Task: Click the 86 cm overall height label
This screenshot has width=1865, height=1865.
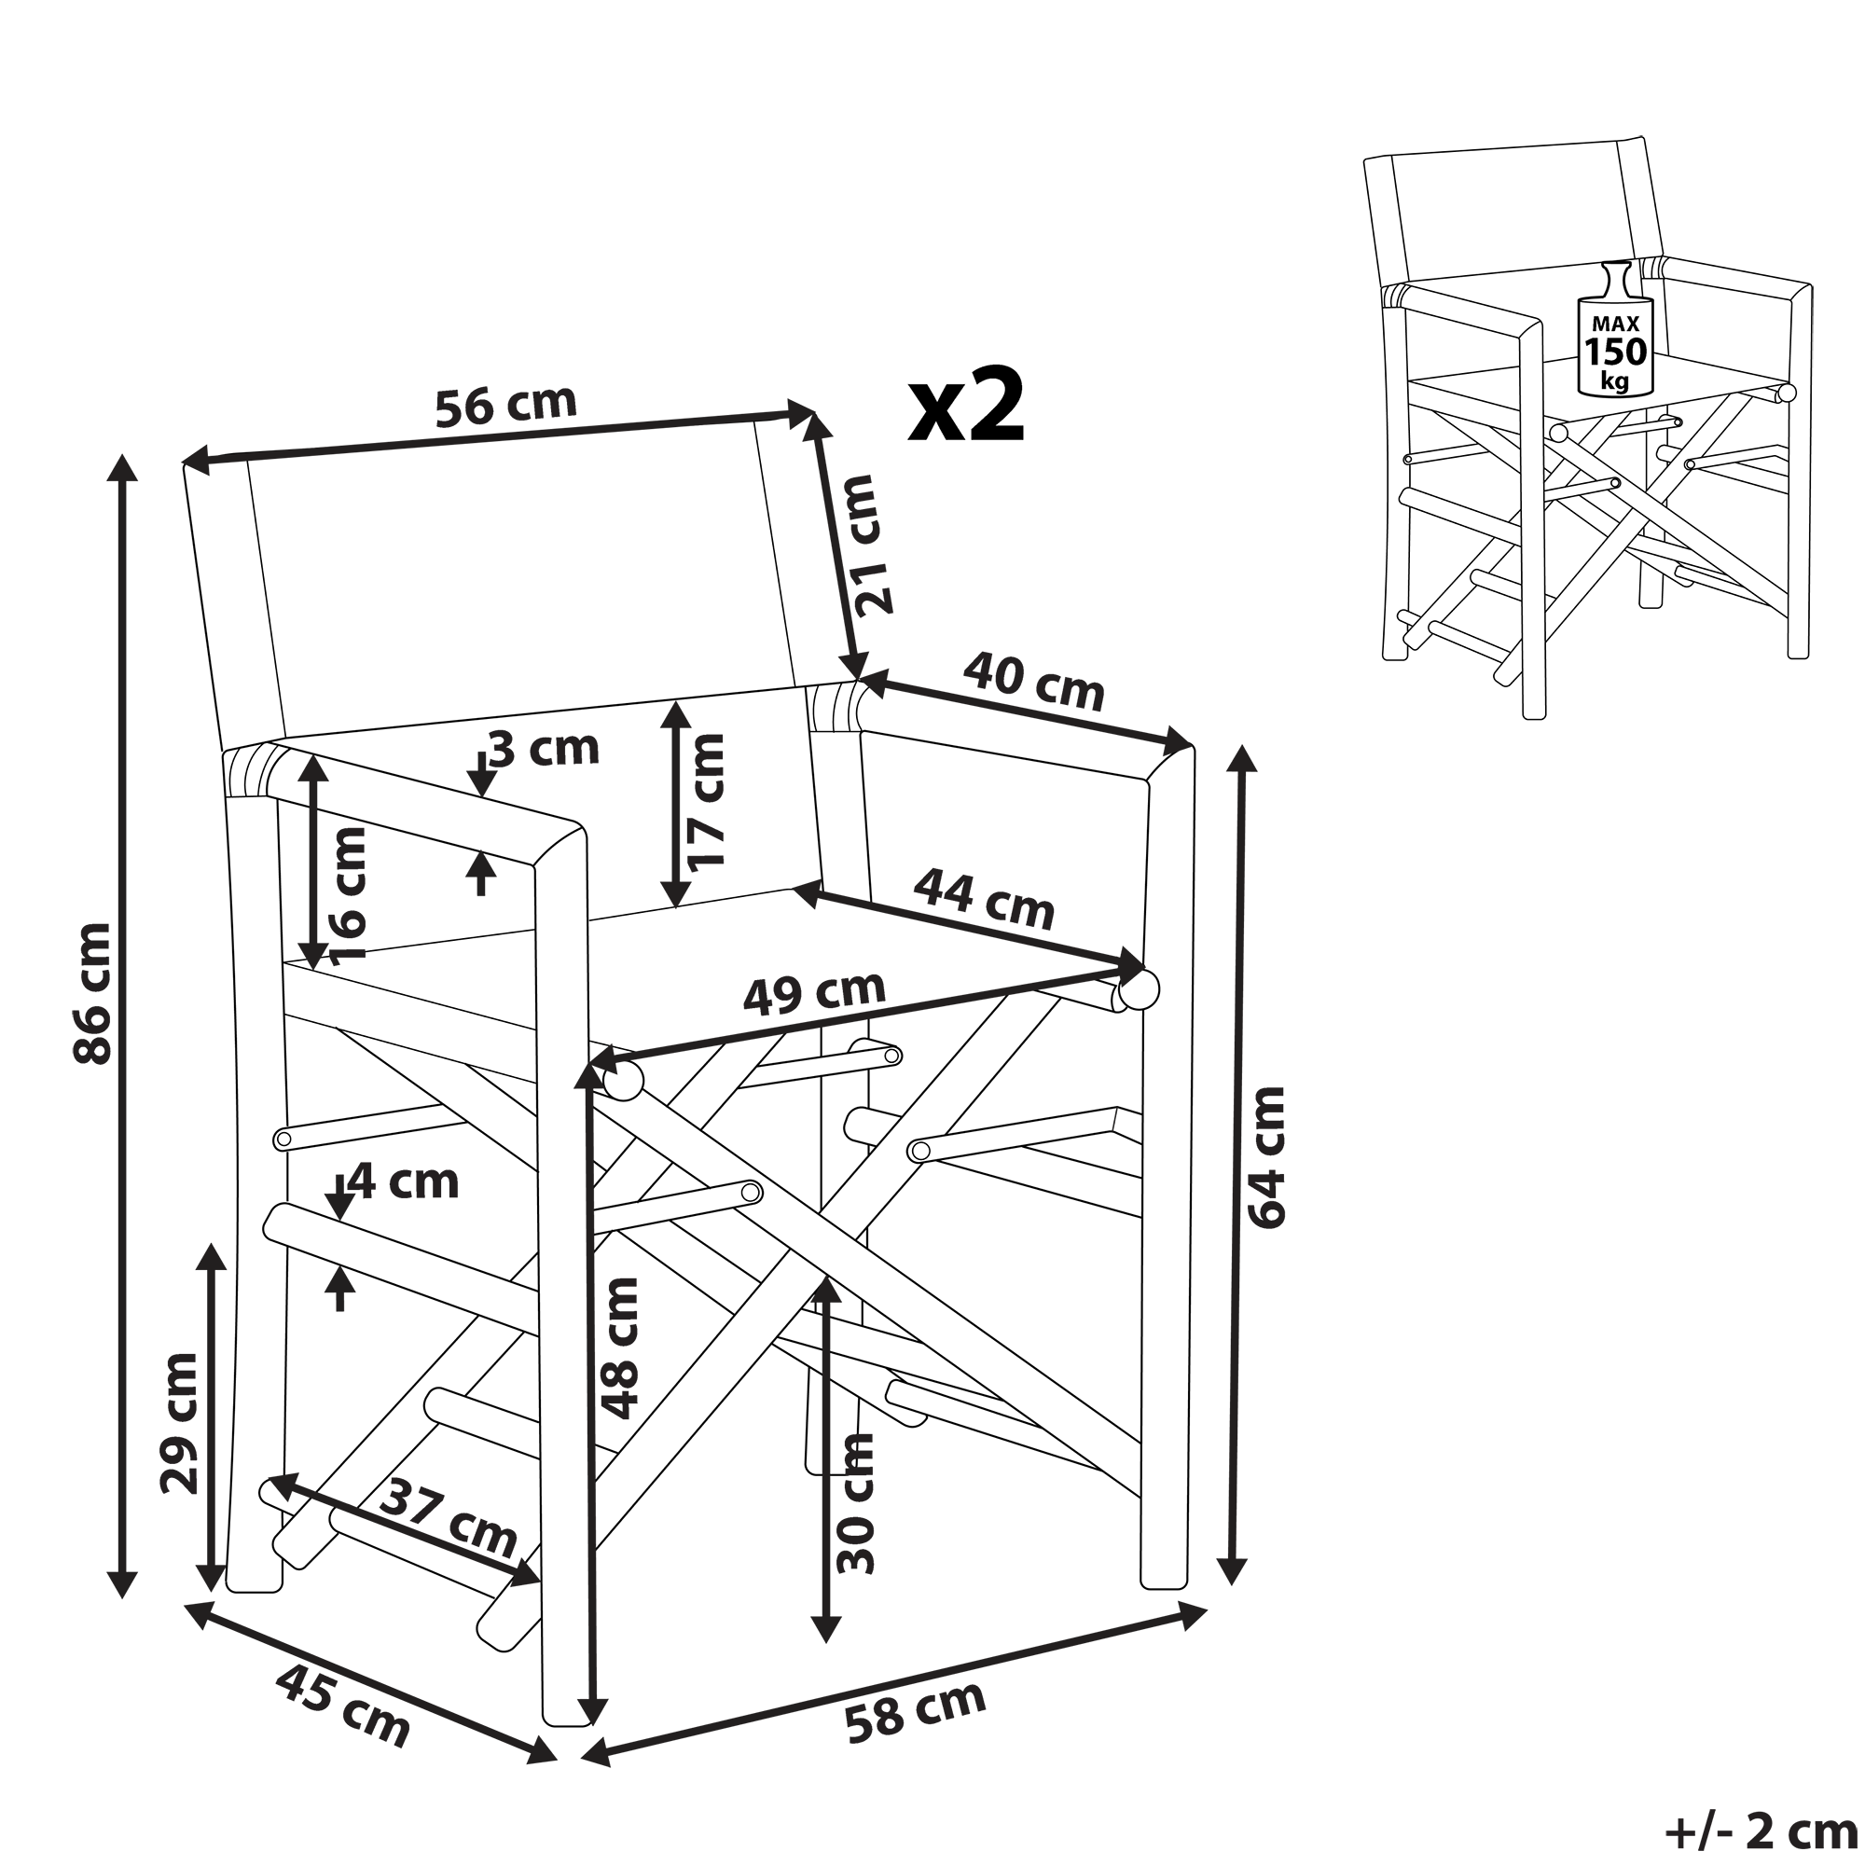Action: click(x=93, y=992)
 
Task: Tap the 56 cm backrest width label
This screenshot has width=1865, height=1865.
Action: click(x=505, y=405)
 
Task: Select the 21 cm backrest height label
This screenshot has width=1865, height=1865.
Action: click(x=877, y=546)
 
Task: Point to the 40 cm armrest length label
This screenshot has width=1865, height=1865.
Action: click(x=1034, y=681)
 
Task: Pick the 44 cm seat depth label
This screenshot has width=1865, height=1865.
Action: click(x=984, y=898)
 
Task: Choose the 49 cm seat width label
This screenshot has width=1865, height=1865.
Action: click(x=815, y=990)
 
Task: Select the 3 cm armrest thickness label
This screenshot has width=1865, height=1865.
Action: click(x=545, y=748)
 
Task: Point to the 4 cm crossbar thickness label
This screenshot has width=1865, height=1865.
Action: click(x=404, y=1181)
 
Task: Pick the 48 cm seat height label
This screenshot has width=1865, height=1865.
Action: click(x=619, y=1348)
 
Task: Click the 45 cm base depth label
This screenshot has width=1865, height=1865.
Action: click(x=342, y=1706)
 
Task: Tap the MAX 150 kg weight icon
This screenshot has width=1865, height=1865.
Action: click(x=1614, y=328)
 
